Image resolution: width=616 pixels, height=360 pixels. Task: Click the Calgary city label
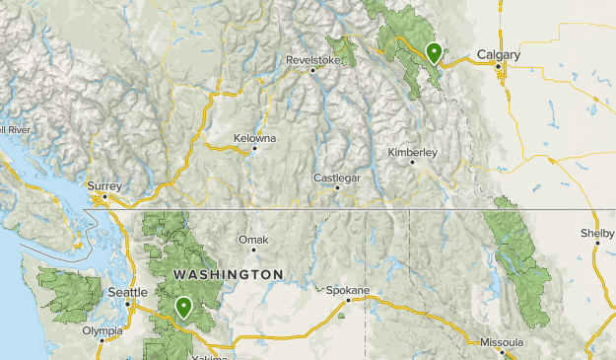(498, 56)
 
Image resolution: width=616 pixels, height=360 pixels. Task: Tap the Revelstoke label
(312, 59)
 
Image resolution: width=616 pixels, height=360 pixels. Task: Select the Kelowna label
(255, 138)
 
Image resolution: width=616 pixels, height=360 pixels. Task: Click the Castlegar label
(337, 178)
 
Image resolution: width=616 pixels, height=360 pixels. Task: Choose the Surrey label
(103, 184)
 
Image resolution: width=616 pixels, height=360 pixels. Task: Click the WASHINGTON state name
(228, 273)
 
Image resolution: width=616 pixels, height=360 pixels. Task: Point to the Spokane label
(349, 291)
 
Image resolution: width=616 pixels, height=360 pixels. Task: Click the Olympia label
(102, 331)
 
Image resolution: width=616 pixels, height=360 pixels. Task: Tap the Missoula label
(502, 341)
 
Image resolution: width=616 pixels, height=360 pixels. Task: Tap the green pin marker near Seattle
(182, 308)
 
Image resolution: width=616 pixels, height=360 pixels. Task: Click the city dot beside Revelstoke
(312, 70)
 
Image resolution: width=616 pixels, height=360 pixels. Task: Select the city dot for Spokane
(348, 301)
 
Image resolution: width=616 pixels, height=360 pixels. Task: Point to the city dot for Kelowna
(254, 149)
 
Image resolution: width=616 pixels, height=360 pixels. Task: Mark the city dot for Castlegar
(337, 187)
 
